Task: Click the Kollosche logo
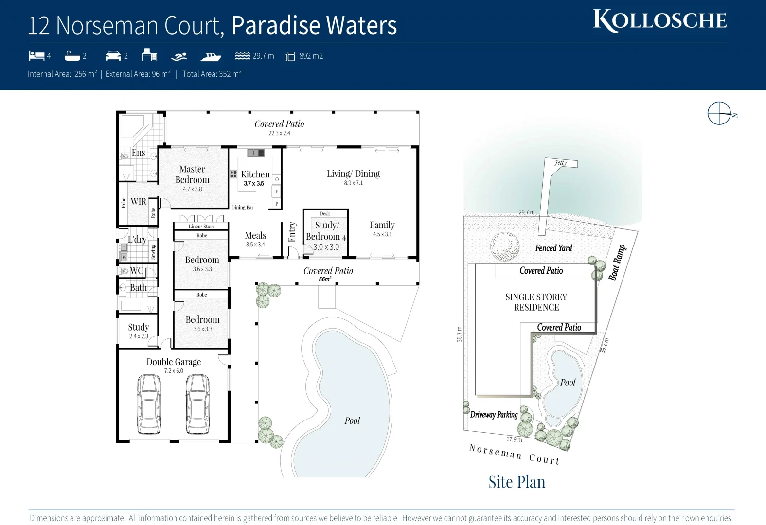(659, 20)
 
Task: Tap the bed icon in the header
(36, 56)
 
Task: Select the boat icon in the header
(211, 56)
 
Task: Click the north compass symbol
(719, 113)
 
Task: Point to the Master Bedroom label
(192, 175)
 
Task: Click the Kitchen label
(255, 174)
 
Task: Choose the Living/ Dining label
(353, 174)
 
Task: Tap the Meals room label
(255, 235)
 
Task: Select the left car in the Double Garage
(149, 403)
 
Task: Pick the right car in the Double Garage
(198, 403)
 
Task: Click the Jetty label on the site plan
(560, 163)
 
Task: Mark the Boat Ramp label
(617, 262)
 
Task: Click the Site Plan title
(517, 482)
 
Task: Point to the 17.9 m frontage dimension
(514, 439)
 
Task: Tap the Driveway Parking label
(494, 415)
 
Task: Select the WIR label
(138, 202)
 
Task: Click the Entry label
(292, 232)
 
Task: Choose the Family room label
(382, 225)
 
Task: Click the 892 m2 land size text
(311, 56)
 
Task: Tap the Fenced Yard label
(553, 248)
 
